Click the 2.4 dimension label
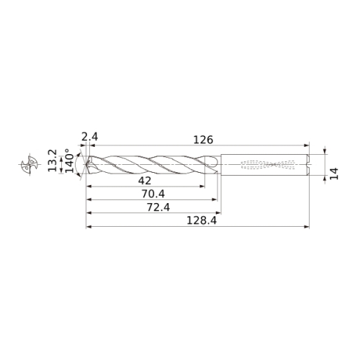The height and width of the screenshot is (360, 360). tap(90, 137)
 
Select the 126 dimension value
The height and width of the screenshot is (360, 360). tap(203, 140)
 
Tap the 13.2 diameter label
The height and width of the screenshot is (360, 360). tap(53, 161)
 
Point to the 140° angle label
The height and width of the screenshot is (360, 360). tap(70, 161)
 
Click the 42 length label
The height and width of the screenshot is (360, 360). tap(145, 181)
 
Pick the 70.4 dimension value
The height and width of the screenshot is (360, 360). tap(153, 194)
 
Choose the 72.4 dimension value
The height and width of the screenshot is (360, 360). tap(158, 207)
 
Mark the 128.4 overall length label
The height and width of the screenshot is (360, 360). tap(202, 220)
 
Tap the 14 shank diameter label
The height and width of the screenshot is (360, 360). tap(334, 174)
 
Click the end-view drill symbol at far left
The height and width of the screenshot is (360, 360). tap(30, 164)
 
